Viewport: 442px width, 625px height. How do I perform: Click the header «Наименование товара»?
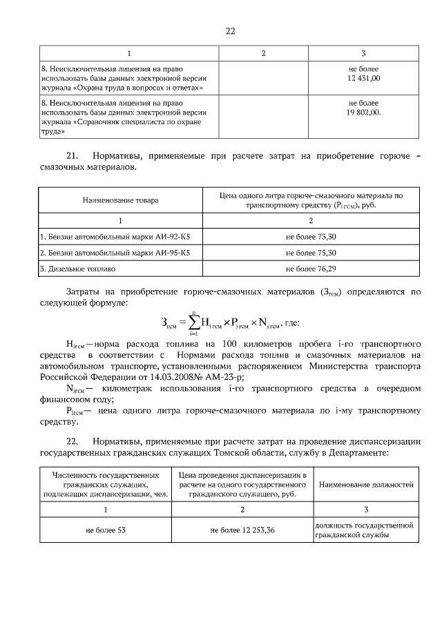(x=121, y=200)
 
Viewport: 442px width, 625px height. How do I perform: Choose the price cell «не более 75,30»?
(x=311, y=253)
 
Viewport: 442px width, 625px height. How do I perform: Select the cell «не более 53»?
(x=106, y=530)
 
